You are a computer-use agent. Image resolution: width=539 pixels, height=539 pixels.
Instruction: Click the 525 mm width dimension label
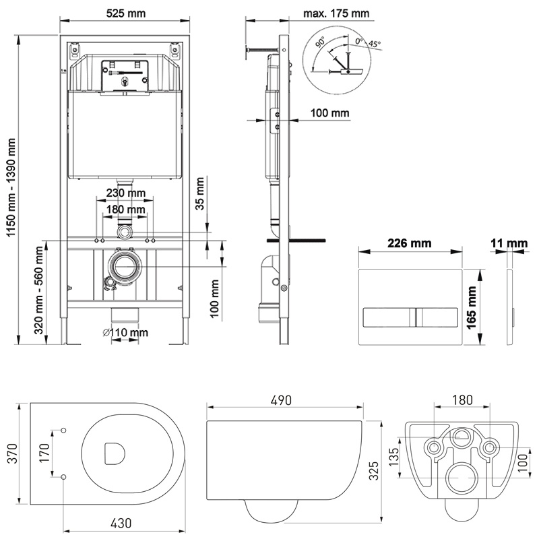(x=126, y=13)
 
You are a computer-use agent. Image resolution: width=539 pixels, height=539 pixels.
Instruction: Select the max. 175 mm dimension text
(x=336, y=13)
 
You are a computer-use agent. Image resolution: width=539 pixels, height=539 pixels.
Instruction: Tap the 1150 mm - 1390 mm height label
(x=11, y=187)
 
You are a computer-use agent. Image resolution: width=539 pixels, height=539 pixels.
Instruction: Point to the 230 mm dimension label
(x=126, y=193)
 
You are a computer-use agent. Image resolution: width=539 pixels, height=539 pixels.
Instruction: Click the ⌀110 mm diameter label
(x=125, y=332)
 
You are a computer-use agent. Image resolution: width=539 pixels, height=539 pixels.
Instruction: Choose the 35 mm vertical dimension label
(x=199, y=193)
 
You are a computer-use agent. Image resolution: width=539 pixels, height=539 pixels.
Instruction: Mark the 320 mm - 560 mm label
(x=38, y=290)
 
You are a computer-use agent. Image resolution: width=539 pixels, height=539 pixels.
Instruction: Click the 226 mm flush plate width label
(x=410, y=243)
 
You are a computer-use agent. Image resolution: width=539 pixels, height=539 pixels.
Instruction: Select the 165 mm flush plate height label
(x=471, y=307)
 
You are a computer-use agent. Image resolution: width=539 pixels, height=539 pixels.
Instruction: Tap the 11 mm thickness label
(x=509, y=243)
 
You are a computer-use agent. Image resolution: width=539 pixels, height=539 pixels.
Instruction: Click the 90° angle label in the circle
(x=321, y=42)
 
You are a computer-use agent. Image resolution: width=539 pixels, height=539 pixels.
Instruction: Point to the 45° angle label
(x=375, y=44)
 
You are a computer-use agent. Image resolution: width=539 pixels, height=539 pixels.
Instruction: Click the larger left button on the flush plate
(x=389, y=317)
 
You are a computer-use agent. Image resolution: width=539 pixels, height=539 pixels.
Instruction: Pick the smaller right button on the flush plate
(x=437, y=317)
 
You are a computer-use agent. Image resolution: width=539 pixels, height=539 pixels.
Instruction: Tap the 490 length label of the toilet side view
(x=281, y=400)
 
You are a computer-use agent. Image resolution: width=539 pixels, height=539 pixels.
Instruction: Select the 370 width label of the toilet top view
(x=13, y=453)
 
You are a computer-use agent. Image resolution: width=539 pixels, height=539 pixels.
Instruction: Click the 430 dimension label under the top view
(x=121, y=524)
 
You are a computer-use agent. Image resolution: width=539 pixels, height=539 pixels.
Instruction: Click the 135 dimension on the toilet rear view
(x=394, y=457)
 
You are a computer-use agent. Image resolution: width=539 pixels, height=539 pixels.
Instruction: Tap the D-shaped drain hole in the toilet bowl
(x=114, y=453)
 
